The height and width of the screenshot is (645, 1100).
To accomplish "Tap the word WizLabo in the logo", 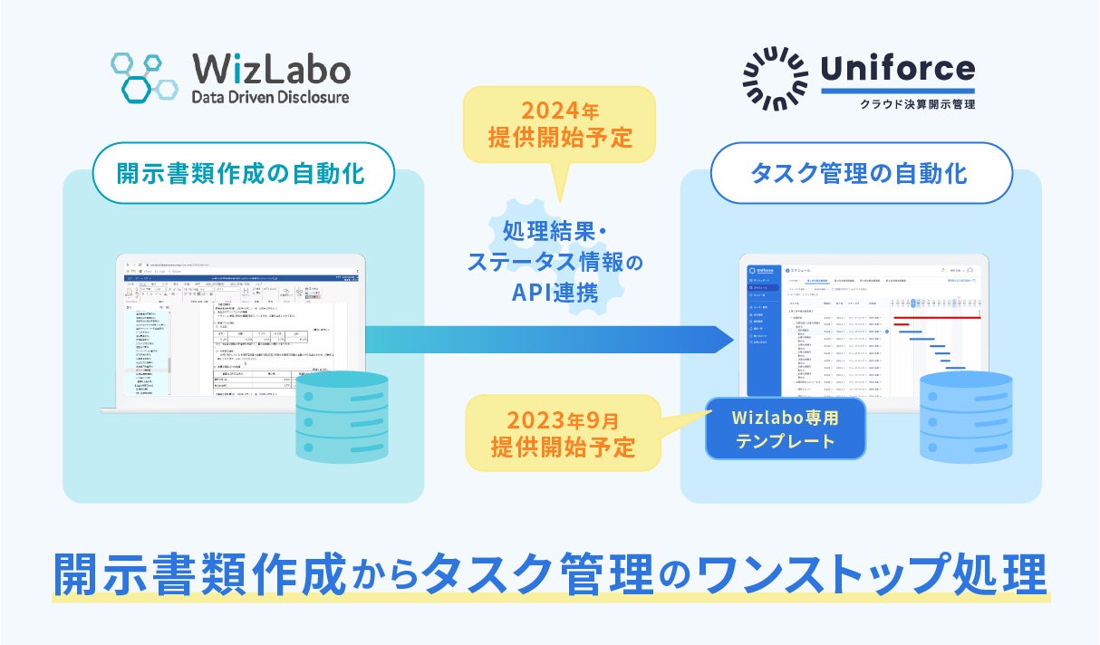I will tap(271, 70).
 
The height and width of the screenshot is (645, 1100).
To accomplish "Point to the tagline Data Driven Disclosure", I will tap(270, 97).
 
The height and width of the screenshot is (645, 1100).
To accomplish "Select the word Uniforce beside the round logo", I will tap(897, 68).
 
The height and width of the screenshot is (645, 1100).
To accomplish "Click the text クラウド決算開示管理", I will tap(917, 104).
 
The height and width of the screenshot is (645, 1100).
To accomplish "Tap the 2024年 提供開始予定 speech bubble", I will tap(559, 125).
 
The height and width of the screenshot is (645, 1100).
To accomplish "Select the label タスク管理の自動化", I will tap(861, 172).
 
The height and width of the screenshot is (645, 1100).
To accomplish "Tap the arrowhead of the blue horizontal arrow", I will tap(720, 339).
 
